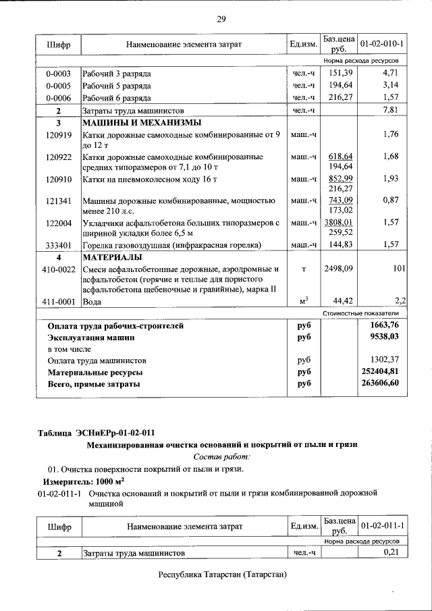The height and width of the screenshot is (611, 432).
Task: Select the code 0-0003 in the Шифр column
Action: point(59,74)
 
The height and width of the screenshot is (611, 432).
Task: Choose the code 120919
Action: point(59,134)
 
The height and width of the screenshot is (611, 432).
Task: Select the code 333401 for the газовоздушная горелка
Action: point(59,245)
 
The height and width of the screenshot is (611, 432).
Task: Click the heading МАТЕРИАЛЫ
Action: point(112,257)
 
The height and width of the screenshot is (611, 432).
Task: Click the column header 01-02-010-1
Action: point(382,44)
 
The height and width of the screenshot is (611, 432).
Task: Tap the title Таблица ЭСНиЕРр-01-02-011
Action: point(100,432)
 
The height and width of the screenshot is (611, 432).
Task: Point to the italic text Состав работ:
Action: point(220,456)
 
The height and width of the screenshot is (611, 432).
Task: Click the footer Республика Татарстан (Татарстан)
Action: point(223,575)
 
